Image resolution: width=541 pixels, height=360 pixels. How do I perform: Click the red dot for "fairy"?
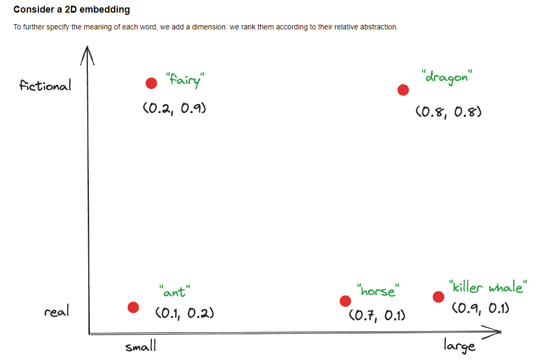(151, 83)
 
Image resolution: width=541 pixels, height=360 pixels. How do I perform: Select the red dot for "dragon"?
(403, 90)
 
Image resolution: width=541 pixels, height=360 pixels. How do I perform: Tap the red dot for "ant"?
(133, 307)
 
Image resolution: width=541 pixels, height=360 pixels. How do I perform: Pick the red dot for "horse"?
(345, 301)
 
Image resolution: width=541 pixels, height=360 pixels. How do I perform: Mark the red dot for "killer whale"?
(438, 297)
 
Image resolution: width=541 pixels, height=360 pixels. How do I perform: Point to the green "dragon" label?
(447, 77)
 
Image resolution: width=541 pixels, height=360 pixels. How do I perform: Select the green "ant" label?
(174, 291)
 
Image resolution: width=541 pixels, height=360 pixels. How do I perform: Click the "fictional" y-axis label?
(45, 86)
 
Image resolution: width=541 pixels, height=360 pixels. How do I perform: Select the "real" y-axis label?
(57, 312)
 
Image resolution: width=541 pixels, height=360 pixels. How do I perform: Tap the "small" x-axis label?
(140, 347)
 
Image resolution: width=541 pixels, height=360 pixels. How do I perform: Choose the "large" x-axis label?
(460, 345)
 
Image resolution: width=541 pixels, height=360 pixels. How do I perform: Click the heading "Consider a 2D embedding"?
(72, 9)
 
